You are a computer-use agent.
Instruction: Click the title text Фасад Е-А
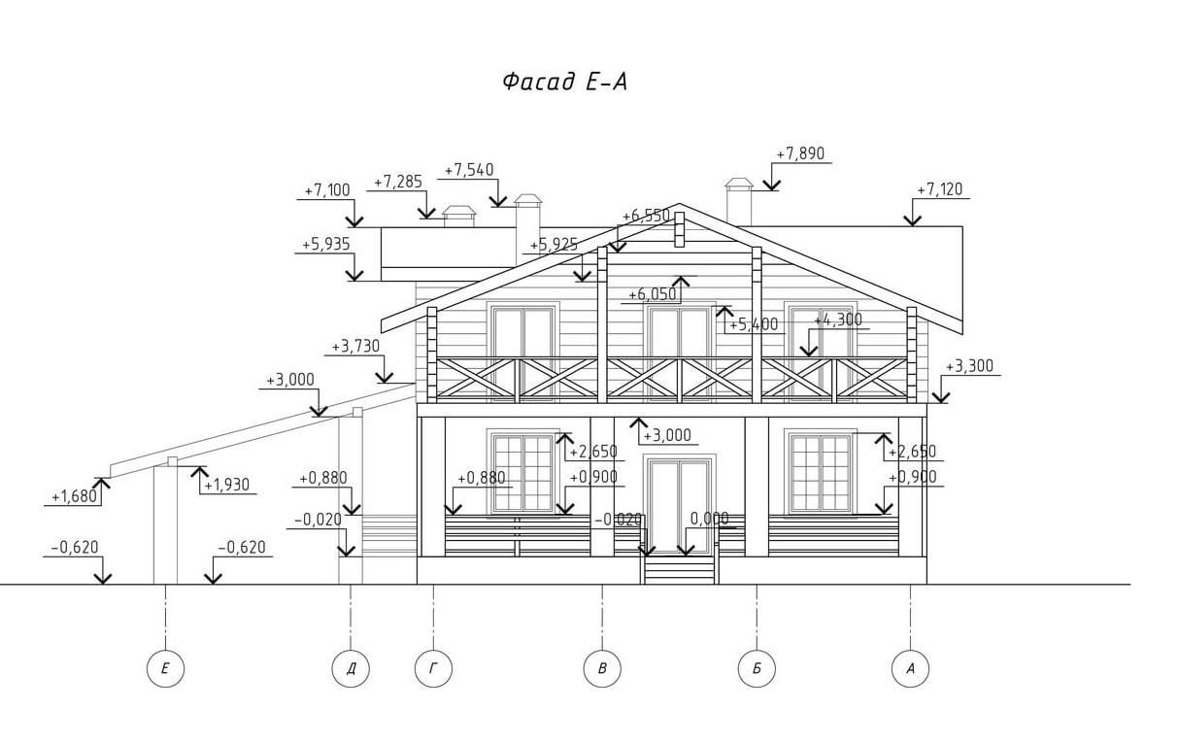[x=564, y=83]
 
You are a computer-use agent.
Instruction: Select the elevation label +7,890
[x=800, y=154]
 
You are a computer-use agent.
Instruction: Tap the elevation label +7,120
[x=940, y=190]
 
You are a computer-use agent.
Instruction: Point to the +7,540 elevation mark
[x=469, y=171]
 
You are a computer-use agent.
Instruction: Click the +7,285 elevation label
[x=398, y=183]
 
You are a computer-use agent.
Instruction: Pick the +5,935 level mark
[x=326, y=245]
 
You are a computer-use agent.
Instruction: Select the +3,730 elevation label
[x=355, y=347]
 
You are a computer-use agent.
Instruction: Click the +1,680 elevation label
[x=75, y=497]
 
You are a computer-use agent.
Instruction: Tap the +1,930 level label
[x=227, y=485]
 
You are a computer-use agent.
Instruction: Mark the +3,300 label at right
[x=969, y=367]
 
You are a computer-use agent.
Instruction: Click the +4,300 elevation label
[x=838, y=320]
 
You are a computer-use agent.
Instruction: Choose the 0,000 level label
[x=709, y=520]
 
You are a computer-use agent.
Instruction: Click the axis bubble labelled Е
[x=165, y=668]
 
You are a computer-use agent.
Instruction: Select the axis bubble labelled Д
[x=351, y=668]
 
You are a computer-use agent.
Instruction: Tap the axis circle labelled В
[x=602, y=668]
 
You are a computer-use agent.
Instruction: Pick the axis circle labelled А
[x=910, y=668]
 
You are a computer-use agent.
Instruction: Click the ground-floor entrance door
[x=679, y=505]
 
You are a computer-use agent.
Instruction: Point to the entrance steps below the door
[x=679, y=569]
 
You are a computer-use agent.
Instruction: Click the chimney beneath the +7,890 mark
[x=739, y=203]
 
